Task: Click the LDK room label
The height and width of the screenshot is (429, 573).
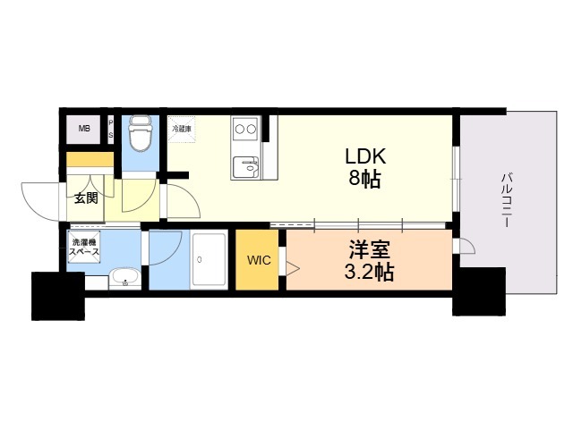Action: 365,156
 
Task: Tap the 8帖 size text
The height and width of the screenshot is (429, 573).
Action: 364,179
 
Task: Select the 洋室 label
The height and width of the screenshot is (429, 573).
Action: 370,250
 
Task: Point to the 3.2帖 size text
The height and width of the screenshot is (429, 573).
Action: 369,272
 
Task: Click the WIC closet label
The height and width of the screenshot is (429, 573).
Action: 259,260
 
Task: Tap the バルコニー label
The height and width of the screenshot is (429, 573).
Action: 506,200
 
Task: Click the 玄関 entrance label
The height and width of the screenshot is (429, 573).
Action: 86,198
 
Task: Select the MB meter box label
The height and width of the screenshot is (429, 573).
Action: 84,129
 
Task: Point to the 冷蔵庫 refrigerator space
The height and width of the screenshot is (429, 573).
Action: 182,129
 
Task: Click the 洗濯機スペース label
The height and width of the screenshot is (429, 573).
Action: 84,247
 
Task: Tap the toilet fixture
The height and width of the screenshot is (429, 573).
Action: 141,133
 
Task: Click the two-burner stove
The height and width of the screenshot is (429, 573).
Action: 245,129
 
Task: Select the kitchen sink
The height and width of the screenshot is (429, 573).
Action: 245,167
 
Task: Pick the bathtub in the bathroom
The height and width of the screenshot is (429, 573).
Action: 209,260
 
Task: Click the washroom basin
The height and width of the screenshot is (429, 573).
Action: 125,279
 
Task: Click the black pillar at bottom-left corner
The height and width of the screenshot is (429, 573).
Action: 58,296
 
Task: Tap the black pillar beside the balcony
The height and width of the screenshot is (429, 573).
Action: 479,291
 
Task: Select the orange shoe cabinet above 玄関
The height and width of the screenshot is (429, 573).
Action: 90,159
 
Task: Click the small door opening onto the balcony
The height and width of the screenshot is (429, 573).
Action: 464,246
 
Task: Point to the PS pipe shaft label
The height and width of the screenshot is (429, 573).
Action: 111,129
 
